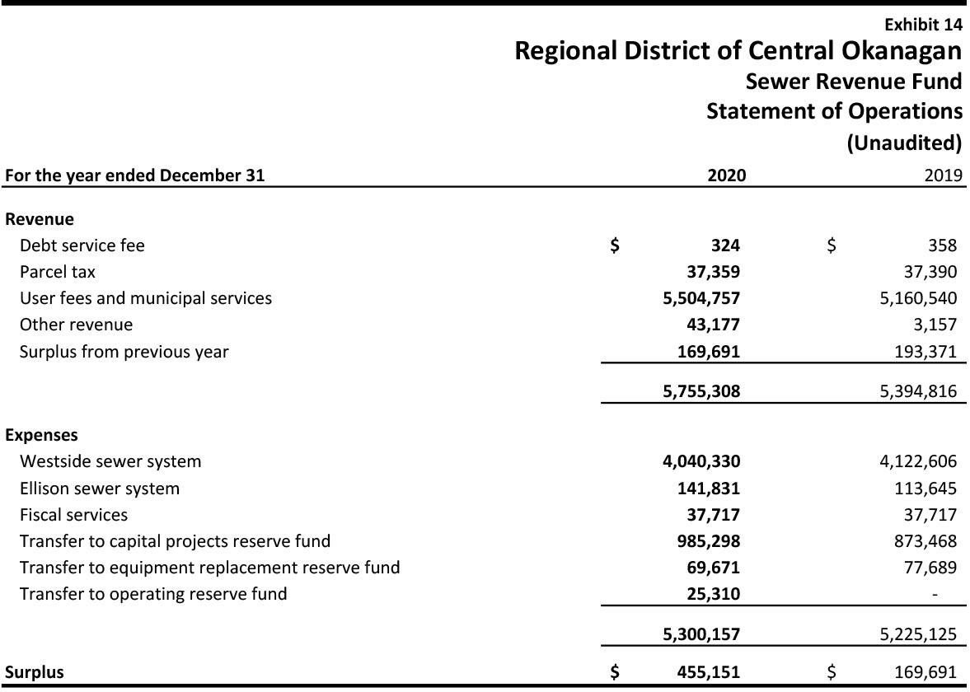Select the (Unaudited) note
(904, 143)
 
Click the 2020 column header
(726, 175)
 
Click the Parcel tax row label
(58, 272)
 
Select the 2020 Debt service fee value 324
(725, 245)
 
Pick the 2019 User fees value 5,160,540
(918, 298)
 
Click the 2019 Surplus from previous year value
(925, 352)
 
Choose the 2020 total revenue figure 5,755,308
(701, 391)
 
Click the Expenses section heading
(41, 435)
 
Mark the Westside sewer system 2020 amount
(701, 461)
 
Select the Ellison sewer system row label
(99, 489)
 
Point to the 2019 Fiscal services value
(930, 515)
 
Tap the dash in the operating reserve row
(935, 595)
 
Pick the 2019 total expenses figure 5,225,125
(918, 634)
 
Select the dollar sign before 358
(832, 245)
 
